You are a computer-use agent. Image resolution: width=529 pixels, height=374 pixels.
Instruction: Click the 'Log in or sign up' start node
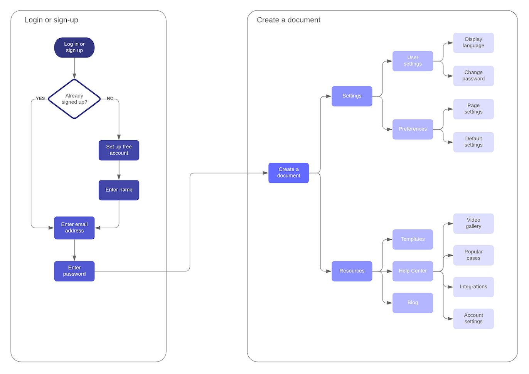click(74, 47)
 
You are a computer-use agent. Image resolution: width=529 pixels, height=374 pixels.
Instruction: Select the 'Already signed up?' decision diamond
click(74, 99)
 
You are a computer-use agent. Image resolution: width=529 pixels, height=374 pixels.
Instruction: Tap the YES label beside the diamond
click(40, 98)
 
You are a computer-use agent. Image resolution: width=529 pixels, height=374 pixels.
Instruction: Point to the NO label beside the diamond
click(110, 98)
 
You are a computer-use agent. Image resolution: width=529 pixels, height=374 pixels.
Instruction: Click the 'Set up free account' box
click(119, 150)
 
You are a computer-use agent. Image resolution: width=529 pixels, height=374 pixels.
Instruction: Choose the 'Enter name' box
click(119, 190)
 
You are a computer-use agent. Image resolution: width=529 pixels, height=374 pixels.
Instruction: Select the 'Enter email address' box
click(74, 227)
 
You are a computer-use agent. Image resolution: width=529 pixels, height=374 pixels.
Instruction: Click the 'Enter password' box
click(74, 271)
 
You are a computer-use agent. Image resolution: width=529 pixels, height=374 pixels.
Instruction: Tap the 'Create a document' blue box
click(288, 173)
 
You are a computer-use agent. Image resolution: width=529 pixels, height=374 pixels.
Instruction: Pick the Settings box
click(352, 96)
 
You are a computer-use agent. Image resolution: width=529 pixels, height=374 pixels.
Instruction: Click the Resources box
click(352, 271)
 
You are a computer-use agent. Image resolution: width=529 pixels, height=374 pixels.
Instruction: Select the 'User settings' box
click(413, 61)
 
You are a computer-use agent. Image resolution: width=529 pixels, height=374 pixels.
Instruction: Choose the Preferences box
click(413, 129)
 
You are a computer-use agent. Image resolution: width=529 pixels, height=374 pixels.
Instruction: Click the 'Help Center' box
click(413, 271)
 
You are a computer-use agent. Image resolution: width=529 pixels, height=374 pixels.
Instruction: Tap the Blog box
click(413, 303)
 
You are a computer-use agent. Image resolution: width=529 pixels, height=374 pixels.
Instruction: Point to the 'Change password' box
click(473, 76)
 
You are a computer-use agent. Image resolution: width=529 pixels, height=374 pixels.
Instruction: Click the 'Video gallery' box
click(473, 223)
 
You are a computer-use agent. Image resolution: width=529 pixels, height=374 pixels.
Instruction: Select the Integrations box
click(473, 287)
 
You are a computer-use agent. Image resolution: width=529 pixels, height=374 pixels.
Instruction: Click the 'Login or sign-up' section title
click(51, 20)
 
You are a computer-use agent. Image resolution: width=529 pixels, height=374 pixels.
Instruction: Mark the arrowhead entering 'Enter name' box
click(119, 177)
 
